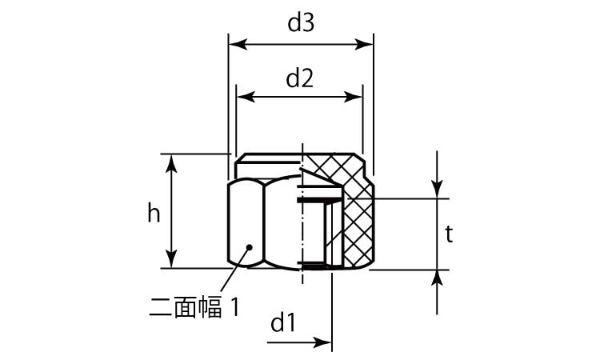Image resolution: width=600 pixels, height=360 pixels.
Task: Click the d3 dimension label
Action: pos(300,24)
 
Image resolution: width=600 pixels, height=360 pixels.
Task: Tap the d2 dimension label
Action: pos(299,78)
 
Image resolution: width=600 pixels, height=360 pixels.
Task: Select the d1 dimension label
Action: pos(283,324)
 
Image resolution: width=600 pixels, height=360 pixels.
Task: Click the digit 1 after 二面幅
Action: pos(235,306)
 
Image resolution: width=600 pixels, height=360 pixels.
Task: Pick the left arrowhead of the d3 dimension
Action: pos(234,44)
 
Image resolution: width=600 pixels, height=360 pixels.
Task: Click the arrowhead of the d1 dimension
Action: pos(326,344)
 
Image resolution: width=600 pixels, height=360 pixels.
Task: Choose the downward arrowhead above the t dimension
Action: pos(438,192)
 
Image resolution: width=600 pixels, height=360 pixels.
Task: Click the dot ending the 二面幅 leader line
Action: pos(250,247)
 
